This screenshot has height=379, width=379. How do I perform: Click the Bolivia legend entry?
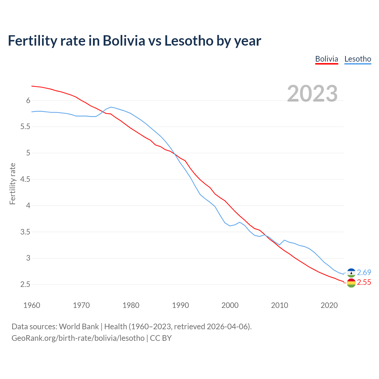(x=327, y=59)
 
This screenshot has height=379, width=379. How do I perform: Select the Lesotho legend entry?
(x=358, y=59)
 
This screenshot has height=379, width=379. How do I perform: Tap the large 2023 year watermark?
(x=312, y=94)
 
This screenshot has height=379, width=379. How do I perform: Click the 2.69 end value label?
(x=364, y=272)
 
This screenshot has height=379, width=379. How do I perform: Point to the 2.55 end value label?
(x=364, y=282)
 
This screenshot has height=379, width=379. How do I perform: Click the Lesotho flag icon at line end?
(x=351, y=273)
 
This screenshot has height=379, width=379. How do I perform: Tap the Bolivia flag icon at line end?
(x=351, y=283)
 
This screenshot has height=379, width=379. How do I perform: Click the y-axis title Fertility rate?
(x=12, y=184)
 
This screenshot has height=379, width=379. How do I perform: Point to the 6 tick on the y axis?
(x=28, y=101)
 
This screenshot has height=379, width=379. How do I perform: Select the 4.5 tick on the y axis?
(x=25, y=179)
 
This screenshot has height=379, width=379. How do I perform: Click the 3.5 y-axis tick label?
(x=25, y=232)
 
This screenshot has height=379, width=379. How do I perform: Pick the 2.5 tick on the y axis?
(x=25, y=285)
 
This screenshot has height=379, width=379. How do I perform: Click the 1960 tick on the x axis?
(x=32, y=305)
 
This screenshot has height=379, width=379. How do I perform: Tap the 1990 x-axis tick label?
(x=180, y=305)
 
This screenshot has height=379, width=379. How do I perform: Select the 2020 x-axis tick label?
(x=329, y=305)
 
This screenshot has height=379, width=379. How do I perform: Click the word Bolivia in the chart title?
(x=124, y=41)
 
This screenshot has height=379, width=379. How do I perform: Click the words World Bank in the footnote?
(x=79, y=327)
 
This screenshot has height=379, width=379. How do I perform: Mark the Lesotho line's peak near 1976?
(x=111, y=107)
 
